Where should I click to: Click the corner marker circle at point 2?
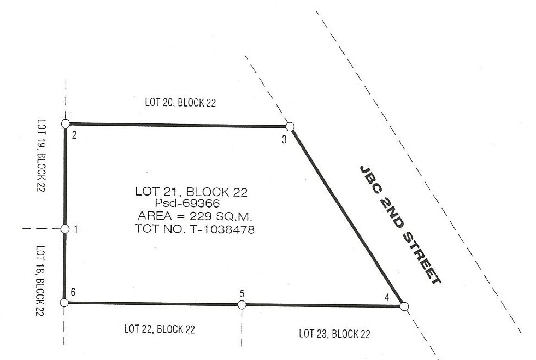[x=66, y=123]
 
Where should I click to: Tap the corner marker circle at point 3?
[x=290, y=127]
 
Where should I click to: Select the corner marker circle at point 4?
[x=404, y=306]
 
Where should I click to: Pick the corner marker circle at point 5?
[x=242, y=305]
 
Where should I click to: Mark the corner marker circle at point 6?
[x=64, y=303]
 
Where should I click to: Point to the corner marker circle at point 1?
[x=65, y=229]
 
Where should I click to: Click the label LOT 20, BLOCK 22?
[x=180, y=103]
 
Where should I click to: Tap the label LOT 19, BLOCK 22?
[x=41, y=155]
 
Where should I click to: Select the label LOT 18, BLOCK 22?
[x=40, y=281]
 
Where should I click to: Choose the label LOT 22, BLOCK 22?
[x=160, y=329]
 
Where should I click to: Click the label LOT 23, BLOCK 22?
[x=334, y=334]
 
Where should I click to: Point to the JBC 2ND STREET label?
[x=400, y=225]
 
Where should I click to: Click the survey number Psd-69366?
[x=187, y=203]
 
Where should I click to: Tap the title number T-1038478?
[x=222, y=229]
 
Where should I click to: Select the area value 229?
[x=202, y=216]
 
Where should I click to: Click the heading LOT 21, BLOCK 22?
[x=191, y=192]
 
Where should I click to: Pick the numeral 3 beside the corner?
[x=284, y=139]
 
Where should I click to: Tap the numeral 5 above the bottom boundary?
[x=242, y=294]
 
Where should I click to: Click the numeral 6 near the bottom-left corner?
[x=73, y=292]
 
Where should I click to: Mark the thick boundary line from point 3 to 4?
[x=347, y=216]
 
